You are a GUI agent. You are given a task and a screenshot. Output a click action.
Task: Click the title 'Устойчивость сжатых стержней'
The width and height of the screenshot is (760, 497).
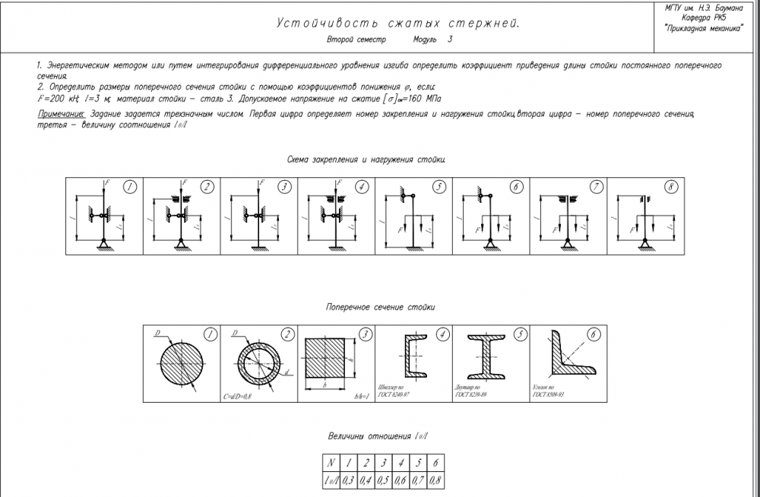point(397,24)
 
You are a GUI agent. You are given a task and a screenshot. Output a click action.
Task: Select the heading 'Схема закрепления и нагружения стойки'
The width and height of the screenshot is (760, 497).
point(366,160)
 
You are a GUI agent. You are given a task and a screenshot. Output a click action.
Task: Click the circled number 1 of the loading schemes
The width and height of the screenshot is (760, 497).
point(131,186)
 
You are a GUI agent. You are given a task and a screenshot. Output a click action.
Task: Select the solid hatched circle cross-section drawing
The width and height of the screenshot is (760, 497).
point(181,362)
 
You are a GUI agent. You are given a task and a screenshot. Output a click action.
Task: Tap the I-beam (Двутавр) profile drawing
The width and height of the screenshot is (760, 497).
point(490,356)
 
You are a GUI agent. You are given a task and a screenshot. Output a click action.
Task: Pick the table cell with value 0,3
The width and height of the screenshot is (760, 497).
point(349,480)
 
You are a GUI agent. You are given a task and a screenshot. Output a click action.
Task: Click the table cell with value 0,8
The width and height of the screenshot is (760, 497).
point(436,480)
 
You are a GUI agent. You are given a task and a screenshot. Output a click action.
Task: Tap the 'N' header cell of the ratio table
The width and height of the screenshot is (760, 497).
point(331,462)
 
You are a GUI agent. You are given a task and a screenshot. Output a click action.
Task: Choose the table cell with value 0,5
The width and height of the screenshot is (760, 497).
point(384,480)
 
